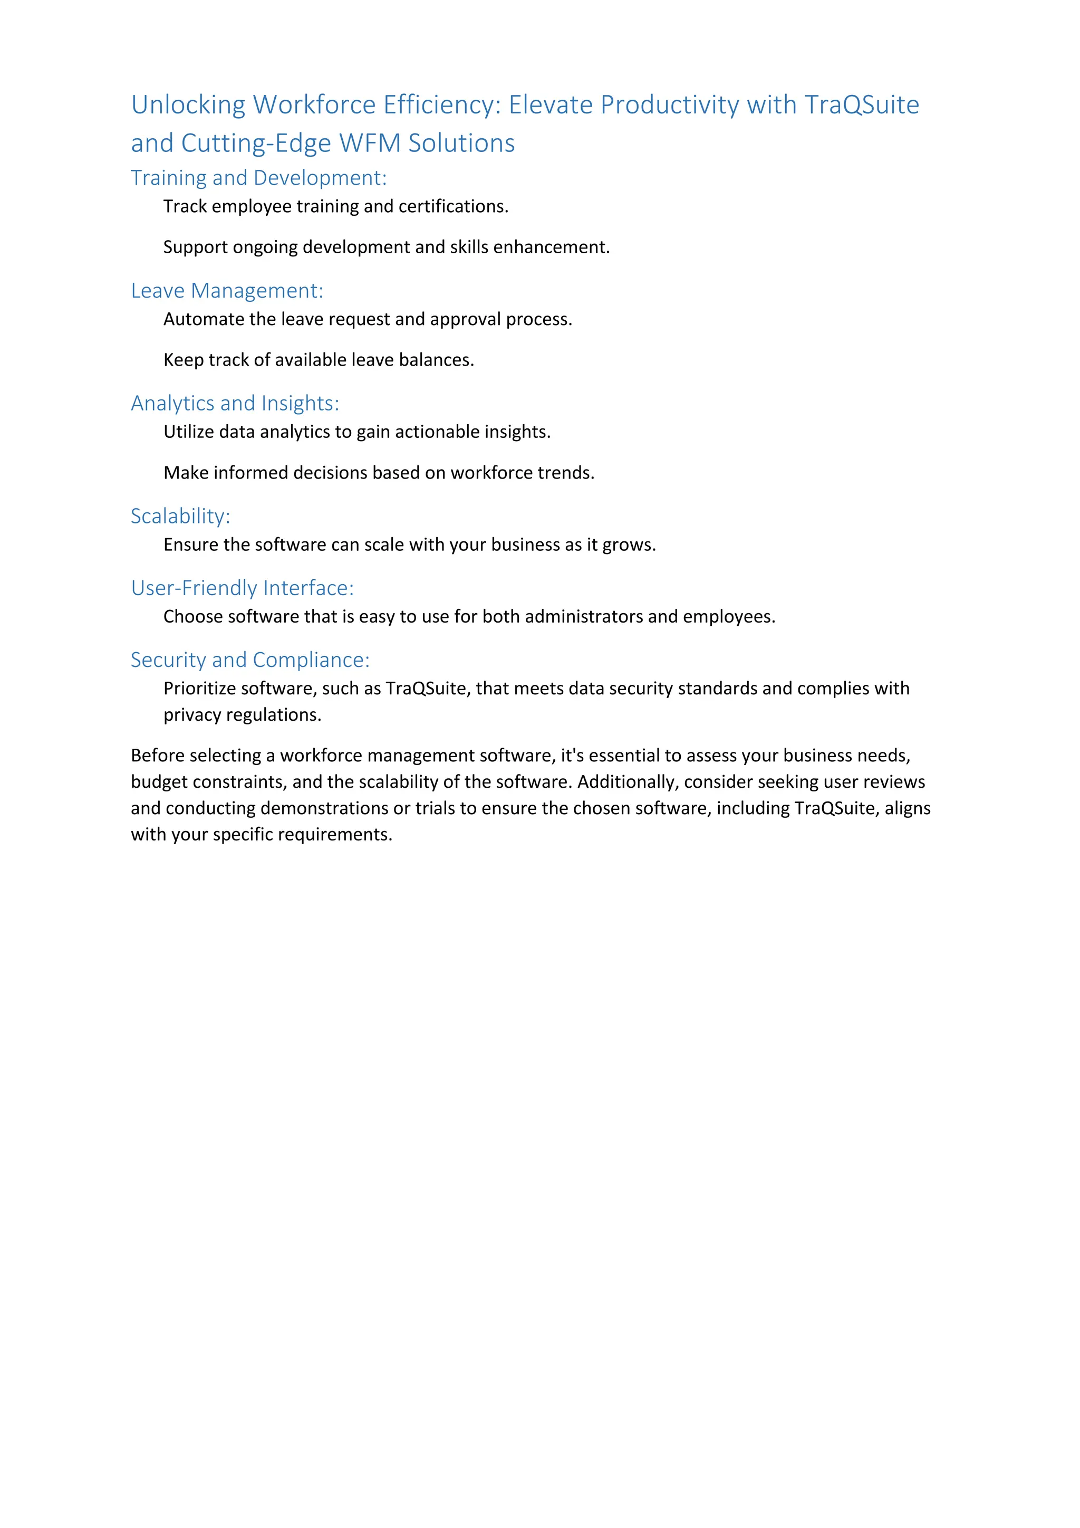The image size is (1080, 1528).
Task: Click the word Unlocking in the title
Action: tap(188, 105)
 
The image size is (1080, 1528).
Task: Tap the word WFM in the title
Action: tap(369, 144)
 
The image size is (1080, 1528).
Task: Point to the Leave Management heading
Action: tap(227, 291)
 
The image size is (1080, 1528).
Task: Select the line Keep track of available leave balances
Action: tap(319, 360)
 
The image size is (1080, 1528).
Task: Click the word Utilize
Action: tap(189, 432)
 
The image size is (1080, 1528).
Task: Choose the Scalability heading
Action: tap(180, 517)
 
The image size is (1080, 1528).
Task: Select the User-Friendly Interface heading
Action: tap(242, 588)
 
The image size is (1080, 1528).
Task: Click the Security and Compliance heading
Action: tap(249, 660)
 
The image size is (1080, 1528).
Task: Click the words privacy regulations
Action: tap(242, 715)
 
